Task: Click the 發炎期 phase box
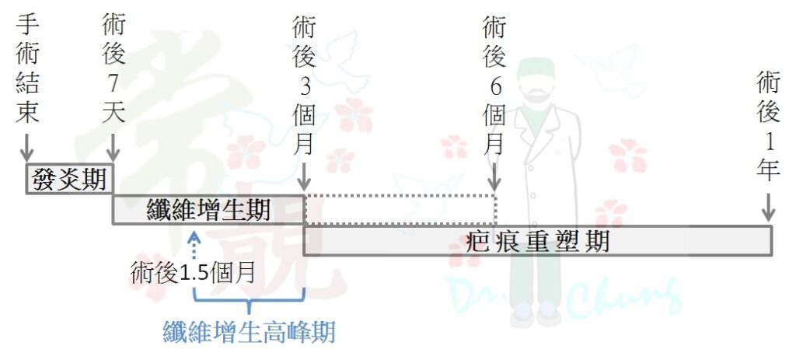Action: [69, 179]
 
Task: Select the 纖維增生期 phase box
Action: [208, 209]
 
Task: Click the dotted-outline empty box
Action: [400, 209]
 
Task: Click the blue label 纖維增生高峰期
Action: [249, 333]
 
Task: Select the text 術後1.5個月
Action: [193, 273]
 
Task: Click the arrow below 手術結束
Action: [26, 147]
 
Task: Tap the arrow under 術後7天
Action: [113, 147]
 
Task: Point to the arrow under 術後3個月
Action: [304, 177]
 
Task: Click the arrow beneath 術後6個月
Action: [495, 177]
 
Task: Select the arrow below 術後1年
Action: [768, 207]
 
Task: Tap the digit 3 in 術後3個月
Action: [304, 86]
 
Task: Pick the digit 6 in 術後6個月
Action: [495, 87]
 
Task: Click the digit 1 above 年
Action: [768, 142]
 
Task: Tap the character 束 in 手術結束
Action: [27, 112]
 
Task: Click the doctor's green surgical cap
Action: [536, 69]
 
